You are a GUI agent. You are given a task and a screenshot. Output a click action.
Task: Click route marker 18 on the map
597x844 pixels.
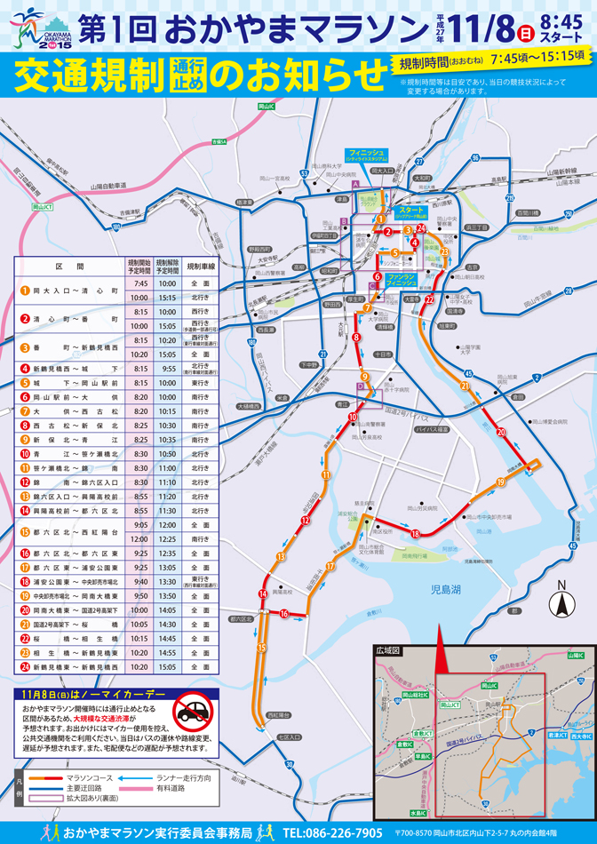pos(415,533)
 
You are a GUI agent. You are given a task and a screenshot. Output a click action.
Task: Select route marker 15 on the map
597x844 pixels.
pos(260,647)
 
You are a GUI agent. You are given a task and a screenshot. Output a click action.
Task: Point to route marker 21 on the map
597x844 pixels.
pos(464,386)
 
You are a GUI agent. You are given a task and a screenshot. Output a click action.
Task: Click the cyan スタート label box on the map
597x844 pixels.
pos(411,211)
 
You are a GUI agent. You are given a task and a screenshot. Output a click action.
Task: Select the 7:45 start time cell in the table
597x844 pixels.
pos(139,283)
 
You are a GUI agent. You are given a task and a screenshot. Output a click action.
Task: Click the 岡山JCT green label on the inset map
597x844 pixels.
pos(449,704)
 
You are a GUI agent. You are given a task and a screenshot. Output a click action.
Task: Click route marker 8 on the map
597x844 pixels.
pos(356,338)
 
